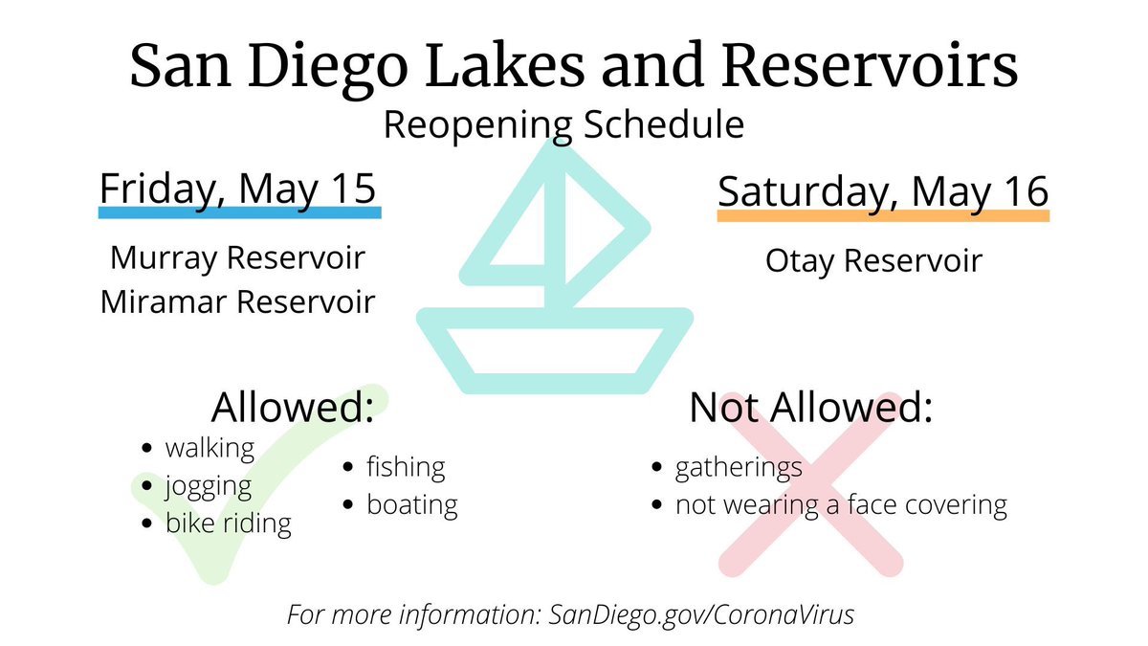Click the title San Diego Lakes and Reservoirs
(x=573, y=67)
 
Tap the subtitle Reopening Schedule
(x=564, y=124)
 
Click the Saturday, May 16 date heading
(x=883, y=190)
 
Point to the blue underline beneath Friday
(x=240, y=212)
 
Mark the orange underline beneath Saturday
(x=883, y=216)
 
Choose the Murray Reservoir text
(x=238, y=258)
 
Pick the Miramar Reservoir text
(x=238, y=301)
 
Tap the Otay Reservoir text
(x=873, y=261)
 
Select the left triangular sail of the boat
(x=517, y=230)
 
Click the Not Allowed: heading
(x=810, y=409)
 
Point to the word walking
(x=210, y=447)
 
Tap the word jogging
(x=209, y=486)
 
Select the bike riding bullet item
(x=228, y=523)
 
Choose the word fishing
(x=406, y=467)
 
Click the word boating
(x=412, y=504)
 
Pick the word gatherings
(x=739, y=468)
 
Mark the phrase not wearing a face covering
(x=841, y=504)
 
